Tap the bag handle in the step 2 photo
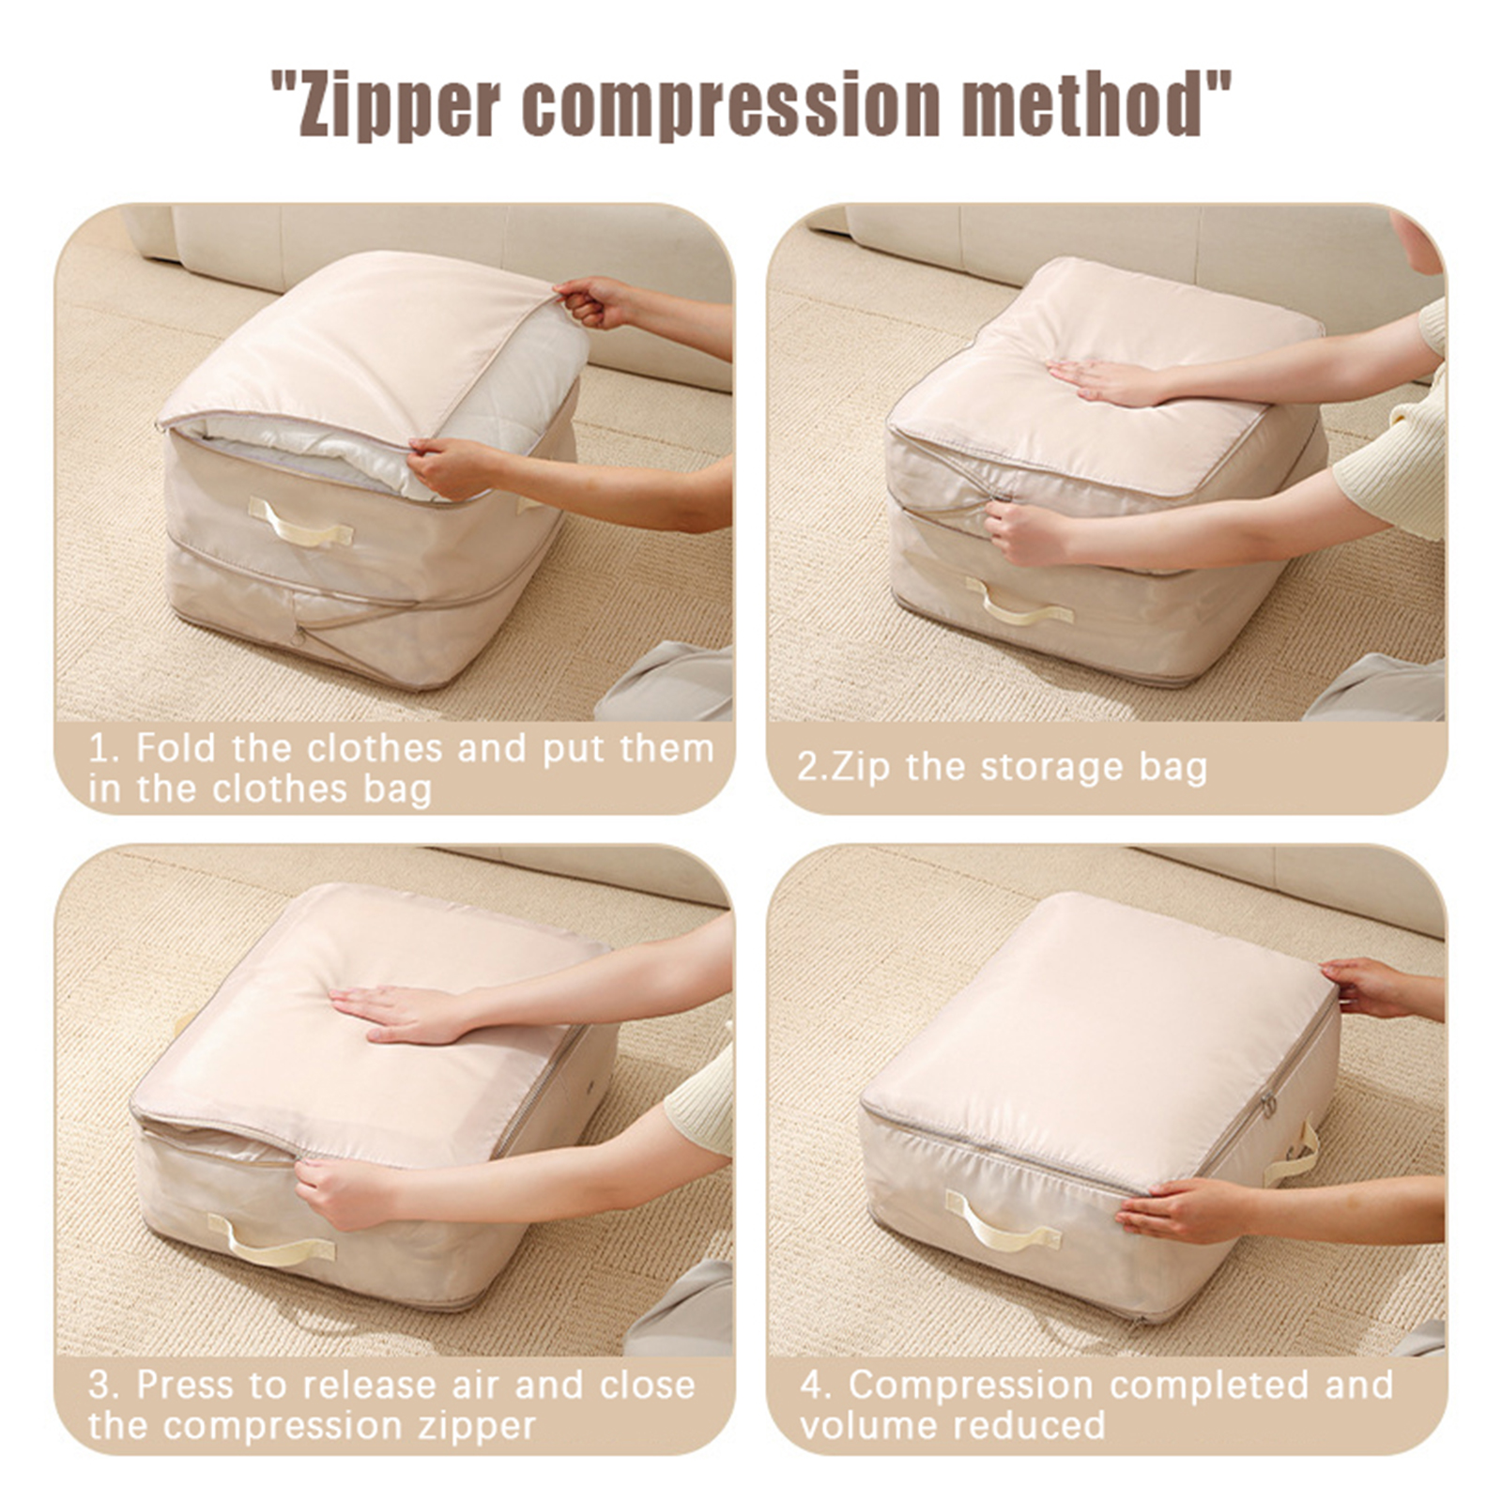point(1019,603)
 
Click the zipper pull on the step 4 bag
point(1268,1104)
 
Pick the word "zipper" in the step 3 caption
point(478,1428)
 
